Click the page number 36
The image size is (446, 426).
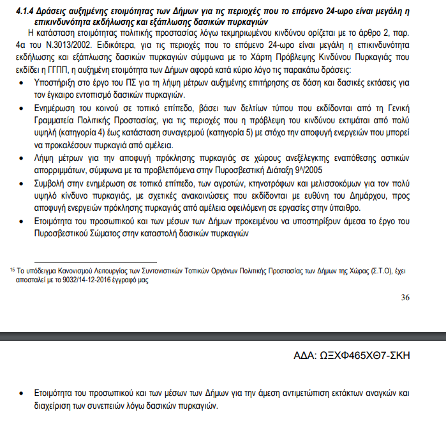406,297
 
